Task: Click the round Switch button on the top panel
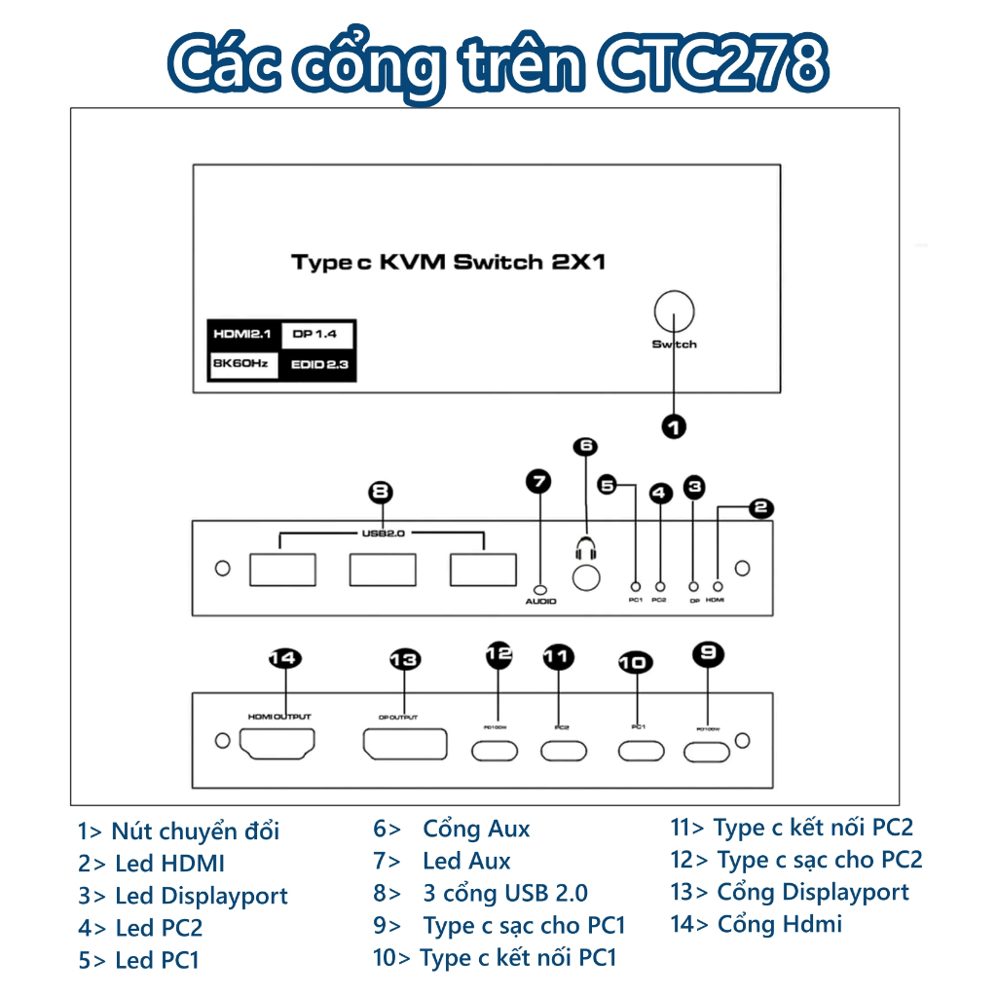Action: [x=674, y=313]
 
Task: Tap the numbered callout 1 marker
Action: [x=674, y=425]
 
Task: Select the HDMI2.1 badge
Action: [x=242, y=335]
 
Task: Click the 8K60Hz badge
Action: [x=242, y=365]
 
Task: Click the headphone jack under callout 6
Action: [x=584, y=577]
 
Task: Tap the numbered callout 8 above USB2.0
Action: [x=383, y=491]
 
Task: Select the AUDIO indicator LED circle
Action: [x=540, y=588]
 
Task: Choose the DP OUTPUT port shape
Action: [x=405, y=745]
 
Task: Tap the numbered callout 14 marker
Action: [x=284, y=659]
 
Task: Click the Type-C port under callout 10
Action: [x=638, y=751]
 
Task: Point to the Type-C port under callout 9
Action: [x=707, y=752]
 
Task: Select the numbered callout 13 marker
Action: [x=404, y=660]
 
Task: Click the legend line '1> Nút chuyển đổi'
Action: [x=179, y=831]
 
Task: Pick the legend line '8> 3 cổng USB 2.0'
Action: [x=481, y=893]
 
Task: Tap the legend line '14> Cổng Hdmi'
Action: [x=756, y=924]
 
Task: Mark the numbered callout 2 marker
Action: [x=760, y=507]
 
